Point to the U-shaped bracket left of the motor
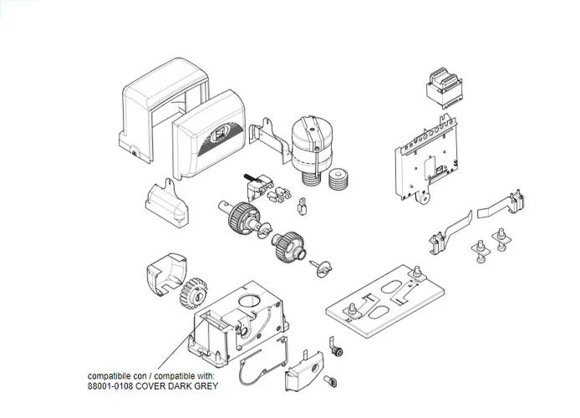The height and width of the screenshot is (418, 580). click(268, 139)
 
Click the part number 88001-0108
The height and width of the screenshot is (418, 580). click(114, 387)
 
